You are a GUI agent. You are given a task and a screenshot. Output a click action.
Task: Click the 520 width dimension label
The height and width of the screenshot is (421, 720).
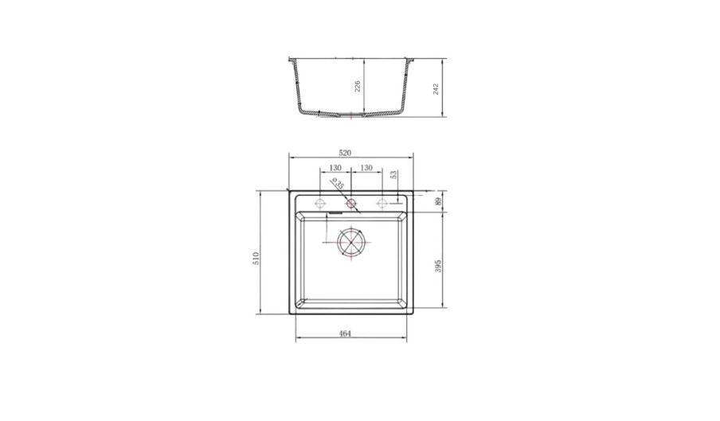coord(345,153)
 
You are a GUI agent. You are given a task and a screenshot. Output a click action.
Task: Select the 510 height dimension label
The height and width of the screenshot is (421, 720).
coord(256,258)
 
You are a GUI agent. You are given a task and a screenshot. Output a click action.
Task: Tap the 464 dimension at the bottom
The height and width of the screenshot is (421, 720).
coord(345,333)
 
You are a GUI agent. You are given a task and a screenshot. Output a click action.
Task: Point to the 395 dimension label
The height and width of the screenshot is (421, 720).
coord(438,266)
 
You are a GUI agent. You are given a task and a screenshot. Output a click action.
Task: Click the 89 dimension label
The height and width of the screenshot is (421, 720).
coord(438,201)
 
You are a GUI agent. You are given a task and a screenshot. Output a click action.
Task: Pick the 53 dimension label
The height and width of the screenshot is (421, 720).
coord(393,175)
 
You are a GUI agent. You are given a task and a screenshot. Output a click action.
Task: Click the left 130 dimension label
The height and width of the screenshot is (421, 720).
coord(335,168)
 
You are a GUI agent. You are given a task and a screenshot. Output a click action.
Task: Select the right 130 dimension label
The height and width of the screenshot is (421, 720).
coord(366,168)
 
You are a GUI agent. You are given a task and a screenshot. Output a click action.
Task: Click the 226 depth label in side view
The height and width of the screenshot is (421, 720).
coord(358,86)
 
